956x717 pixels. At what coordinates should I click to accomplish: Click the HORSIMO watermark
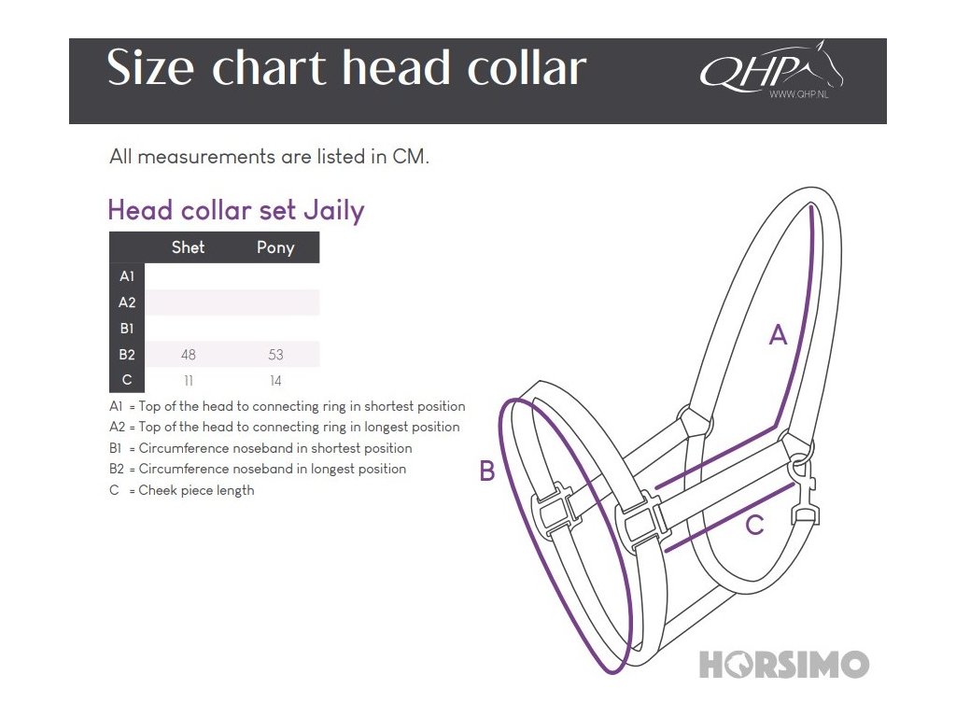(x=784, y=665)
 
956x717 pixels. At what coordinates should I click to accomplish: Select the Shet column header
(x=188, y=247)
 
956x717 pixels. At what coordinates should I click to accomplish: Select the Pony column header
(x=275, y=247)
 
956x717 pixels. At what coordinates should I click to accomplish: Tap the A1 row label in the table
(x=127, y=276)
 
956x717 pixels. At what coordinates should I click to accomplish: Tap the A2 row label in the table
(x=127, y=302)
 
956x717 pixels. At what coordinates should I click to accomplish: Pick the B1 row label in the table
(x=127, y=329)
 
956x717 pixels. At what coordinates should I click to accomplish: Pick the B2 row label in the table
(x=127, y=355)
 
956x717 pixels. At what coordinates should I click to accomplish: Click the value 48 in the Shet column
(x=188, y=355)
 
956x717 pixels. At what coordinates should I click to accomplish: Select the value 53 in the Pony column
(x=275, y=355)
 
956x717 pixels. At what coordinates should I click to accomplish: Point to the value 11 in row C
(x=188, y=381)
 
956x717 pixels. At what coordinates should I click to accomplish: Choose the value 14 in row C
(x=275, y=381)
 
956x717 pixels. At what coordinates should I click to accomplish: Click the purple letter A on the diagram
(x=778, y=334)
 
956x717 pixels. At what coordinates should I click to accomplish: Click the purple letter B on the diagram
(x=486, y=471)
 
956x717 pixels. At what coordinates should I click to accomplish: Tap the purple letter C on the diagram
(x=754, y=527)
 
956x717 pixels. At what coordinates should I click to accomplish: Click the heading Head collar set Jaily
(x=236, y=210)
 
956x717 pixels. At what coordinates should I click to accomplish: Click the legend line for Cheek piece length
(x=182, y=490)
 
